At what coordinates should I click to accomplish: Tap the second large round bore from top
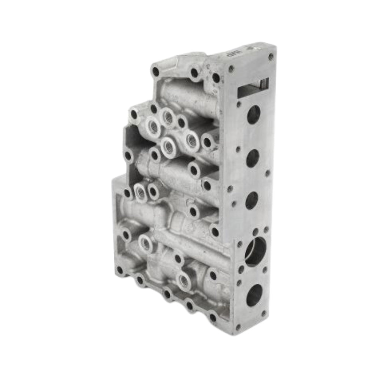point(252,158)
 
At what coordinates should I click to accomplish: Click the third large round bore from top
point(252,200)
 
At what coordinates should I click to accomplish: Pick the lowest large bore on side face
point(254,295)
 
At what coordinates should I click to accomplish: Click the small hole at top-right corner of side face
point(271,56)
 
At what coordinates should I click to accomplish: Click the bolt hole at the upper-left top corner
point(155,71)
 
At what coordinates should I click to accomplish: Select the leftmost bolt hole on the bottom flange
point(120,270)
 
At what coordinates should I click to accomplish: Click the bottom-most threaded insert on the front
point(184,281)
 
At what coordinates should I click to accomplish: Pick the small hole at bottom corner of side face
point(238,326)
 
